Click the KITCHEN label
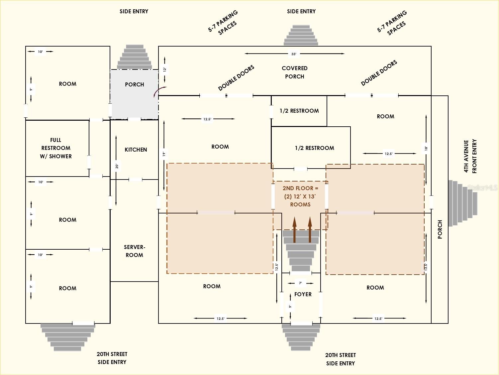pos(136,150)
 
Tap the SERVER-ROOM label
pos(134,251)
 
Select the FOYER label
pos(303,294)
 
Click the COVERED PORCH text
pos(294,72)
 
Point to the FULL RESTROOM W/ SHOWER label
pos(56,148)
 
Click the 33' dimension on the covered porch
pos(294,54)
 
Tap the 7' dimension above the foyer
pos(300,283)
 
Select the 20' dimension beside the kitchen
pos(117,166)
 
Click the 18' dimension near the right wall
pos(426,148)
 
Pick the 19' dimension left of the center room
pos(164,154)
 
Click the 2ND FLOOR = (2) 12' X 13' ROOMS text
pos(300,196)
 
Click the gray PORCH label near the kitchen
pos(134,84)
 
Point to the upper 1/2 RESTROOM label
pos(299,111)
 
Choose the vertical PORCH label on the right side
pos(440,229)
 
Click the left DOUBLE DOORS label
pos(236,78)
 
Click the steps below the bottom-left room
pos(68,337)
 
